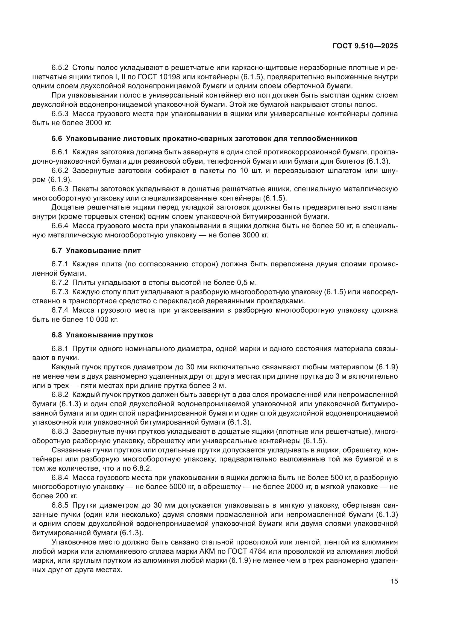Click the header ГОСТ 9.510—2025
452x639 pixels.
pyautogui.click(x=365, y=46)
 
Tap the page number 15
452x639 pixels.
pyautogui.click(x=394, y=581)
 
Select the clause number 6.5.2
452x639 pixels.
pyautogui.click(x=60, y=68)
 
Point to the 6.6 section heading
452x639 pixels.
pyautogui.click(x=204, y=139)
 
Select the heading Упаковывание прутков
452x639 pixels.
pyautogui.click(x=109, y=335)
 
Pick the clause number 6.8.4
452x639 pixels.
pyautogui.click(x=60, y=478)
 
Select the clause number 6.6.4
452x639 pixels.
pyautogui.click(x=60, y=226)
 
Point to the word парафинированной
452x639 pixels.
pyautogui.click(x=170, y=413)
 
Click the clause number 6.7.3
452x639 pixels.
pyautogui.click(x=60, y=292)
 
